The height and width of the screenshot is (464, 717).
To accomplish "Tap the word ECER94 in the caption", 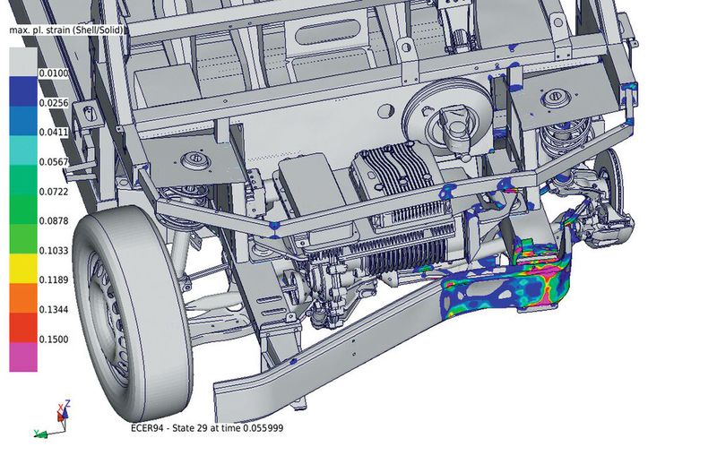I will [x=150, y=428].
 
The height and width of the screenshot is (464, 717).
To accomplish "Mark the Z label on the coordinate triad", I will [x=68, y=404].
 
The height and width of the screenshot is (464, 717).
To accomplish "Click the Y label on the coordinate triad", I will [x=35, y=433].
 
